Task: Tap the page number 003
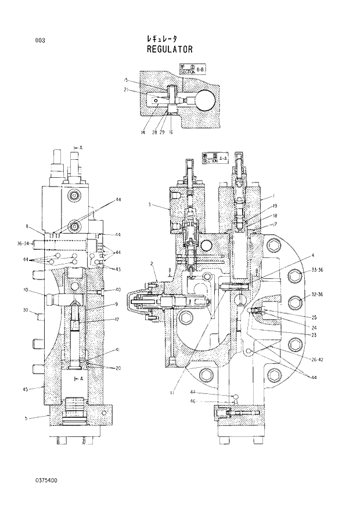40,40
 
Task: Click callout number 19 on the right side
275,206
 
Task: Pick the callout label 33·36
317,271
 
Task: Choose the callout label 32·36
317,295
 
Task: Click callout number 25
314,317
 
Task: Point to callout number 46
209,402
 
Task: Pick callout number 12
117,319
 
